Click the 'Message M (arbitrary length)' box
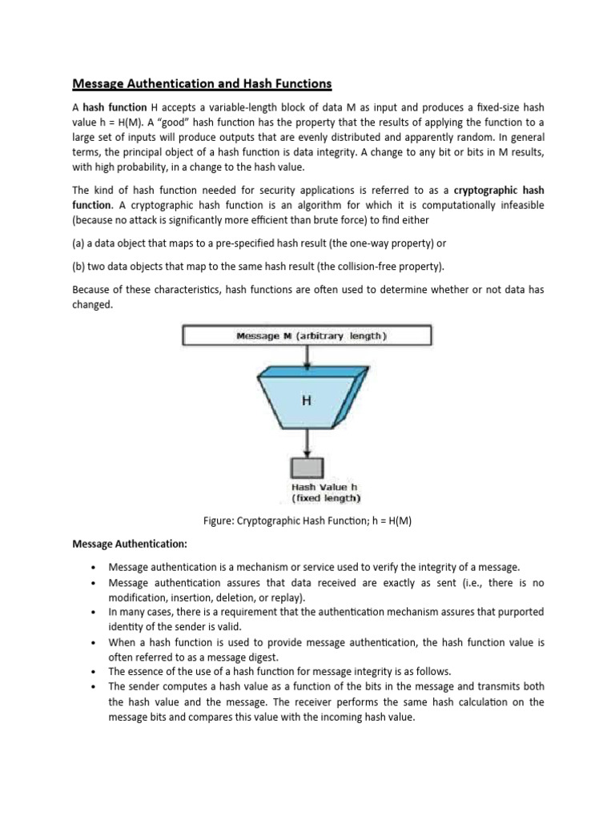click(307, 336)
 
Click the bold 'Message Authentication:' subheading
click(130, 545)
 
